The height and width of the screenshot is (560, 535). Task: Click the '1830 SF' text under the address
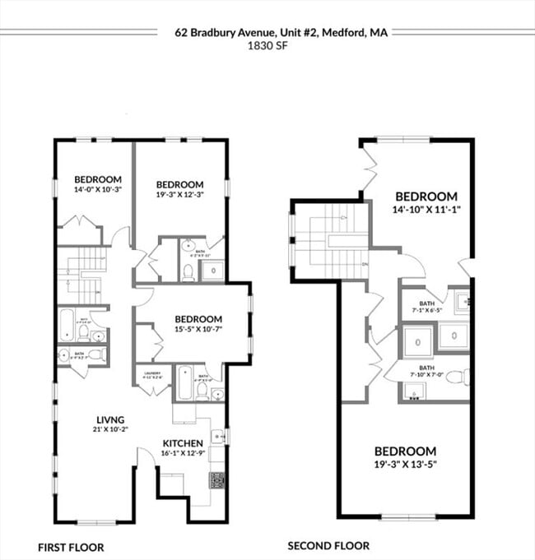267,47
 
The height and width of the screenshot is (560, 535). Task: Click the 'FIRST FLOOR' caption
72,547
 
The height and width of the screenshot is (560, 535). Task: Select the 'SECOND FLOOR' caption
328,545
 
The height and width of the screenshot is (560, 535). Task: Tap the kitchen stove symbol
217,480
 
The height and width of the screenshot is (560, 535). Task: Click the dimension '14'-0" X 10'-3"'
98,190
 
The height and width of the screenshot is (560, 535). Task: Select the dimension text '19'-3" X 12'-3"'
179,195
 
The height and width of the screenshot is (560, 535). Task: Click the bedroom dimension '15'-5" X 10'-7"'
198,330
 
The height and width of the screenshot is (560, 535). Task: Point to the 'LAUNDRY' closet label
150,373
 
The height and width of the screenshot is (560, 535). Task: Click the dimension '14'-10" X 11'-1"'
426,209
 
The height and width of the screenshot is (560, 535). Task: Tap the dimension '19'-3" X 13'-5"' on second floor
405,464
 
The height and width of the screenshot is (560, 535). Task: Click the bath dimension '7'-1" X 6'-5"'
426,311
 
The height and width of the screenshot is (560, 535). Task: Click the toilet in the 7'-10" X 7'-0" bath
462,377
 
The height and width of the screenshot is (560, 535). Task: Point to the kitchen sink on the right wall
217,437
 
